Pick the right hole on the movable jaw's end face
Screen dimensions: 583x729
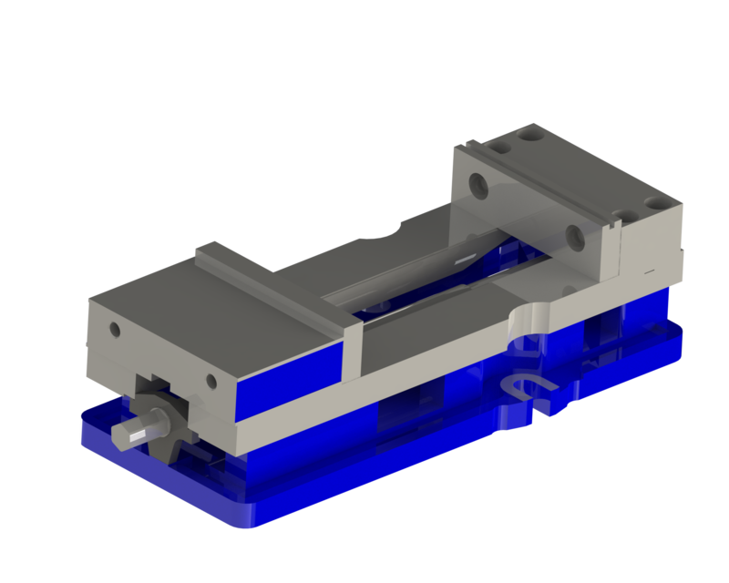211,380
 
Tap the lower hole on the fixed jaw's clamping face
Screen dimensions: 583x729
575,239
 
